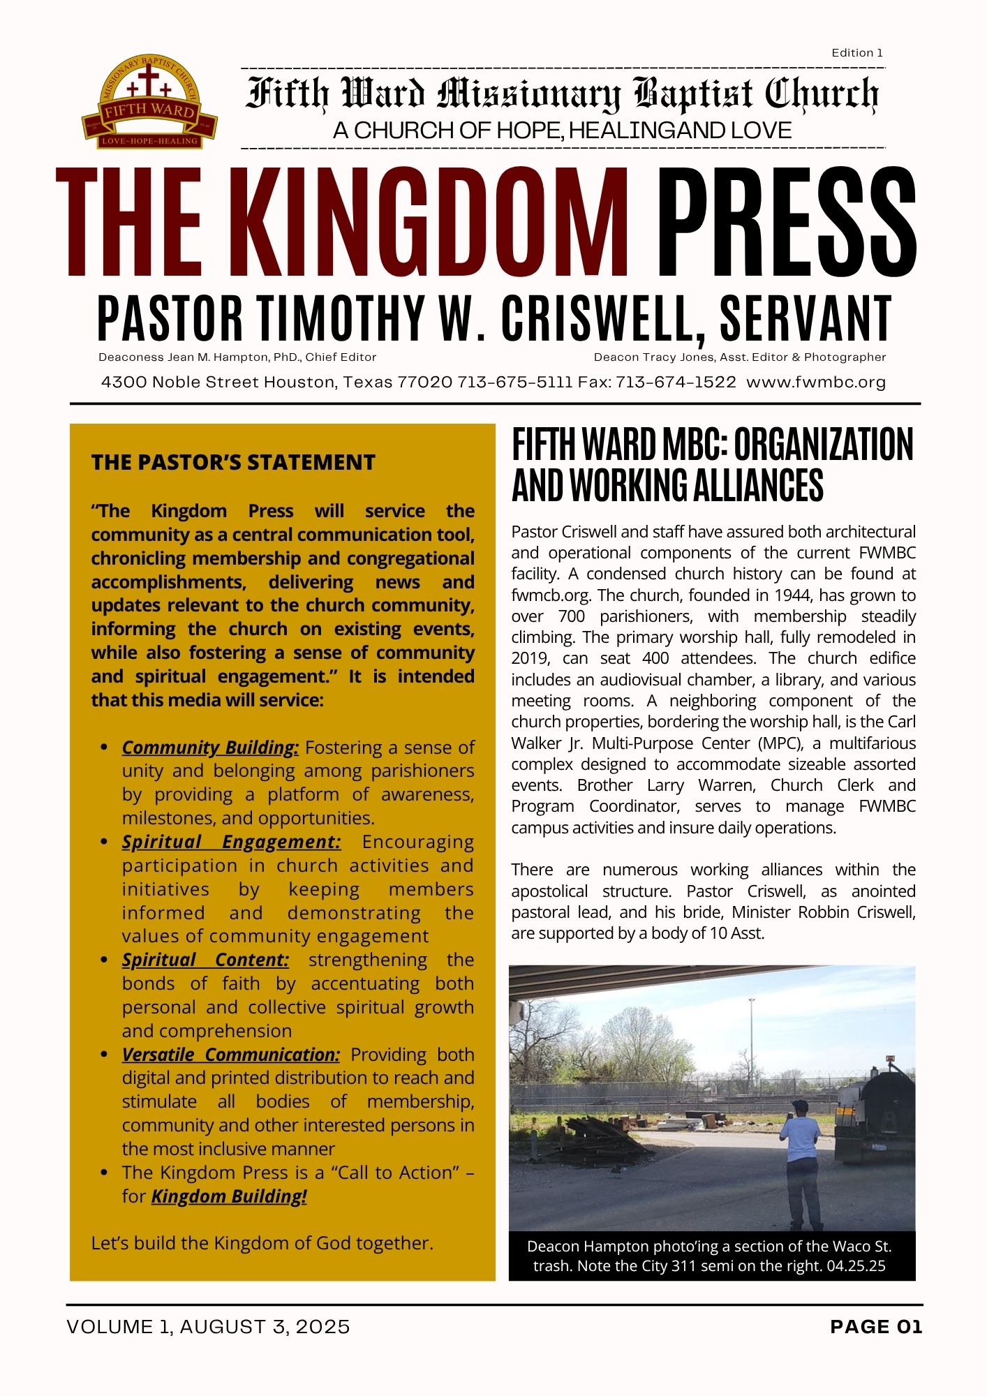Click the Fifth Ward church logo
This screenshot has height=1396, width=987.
point(149,103)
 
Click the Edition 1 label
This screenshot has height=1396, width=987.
point(857,53)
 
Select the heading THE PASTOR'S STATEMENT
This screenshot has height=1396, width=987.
point(233,462)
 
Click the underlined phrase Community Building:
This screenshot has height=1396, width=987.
point(210,748)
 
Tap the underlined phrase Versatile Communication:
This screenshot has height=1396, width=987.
point(231,1055)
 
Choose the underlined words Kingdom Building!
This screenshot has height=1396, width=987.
point(229,1196)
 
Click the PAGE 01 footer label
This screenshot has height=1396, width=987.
point(876,1327)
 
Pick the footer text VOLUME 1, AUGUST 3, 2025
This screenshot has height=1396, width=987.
point(208,1327)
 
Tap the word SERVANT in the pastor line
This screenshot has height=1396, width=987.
point(806,319)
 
